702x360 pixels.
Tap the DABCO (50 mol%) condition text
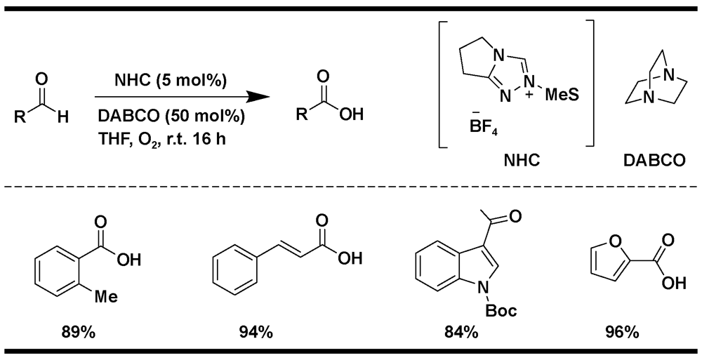(172, 116)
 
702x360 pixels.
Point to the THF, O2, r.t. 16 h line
(161, 138)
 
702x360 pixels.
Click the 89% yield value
(79, 333)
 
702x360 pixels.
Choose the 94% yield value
(256, 333)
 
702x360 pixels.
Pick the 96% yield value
(622, 333)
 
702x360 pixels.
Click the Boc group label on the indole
(501, 310)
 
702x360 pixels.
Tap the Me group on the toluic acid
(106, 296)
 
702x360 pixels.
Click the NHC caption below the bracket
(522, 160)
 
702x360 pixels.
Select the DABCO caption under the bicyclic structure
(654, 160)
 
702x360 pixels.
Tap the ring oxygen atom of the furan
(616, 242)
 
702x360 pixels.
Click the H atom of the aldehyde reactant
(63, 117)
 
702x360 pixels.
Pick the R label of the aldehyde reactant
(19, 117)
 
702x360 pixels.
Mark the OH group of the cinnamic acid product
(350, 258)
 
